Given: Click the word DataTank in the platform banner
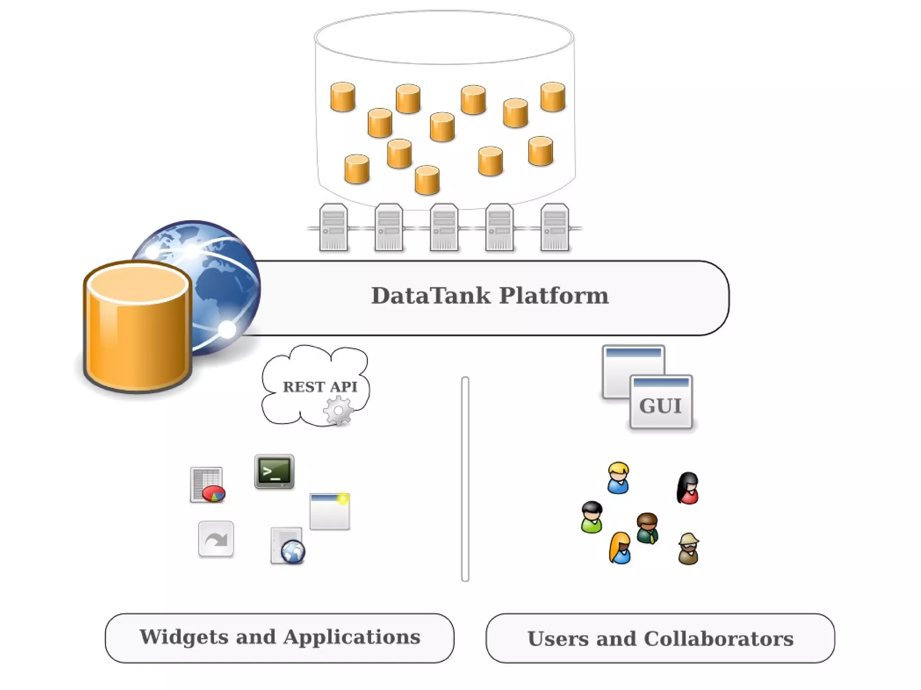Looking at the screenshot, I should point(430,296).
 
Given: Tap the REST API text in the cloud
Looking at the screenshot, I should point(320,387).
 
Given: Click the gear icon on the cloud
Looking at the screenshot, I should point(338,410).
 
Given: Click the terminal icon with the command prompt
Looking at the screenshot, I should point(274,472).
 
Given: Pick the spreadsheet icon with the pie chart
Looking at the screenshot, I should point(207,485).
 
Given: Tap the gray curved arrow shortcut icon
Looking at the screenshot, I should point(216,539).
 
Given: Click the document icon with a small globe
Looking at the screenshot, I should point(288,546).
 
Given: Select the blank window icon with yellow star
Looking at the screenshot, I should point(330,512).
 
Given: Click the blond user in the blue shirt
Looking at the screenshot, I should point(618,478).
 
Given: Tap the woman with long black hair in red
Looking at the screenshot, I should point(688,488).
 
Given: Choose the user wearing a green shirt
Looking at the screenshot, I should point(591,517).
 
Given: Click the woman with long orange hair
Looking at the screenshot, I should point(620,548).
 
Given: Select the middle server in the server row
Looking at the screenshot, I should point(444,227).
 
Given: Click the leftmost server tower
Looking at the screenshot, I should point(333,227).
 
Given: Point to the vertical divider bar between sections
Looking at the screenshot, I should point(465,479).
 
